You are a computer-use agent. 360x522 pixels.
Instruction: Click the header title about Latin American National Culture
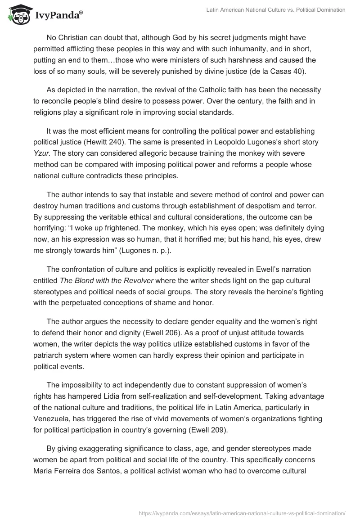pyautogui.click(x=275, y=10)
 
